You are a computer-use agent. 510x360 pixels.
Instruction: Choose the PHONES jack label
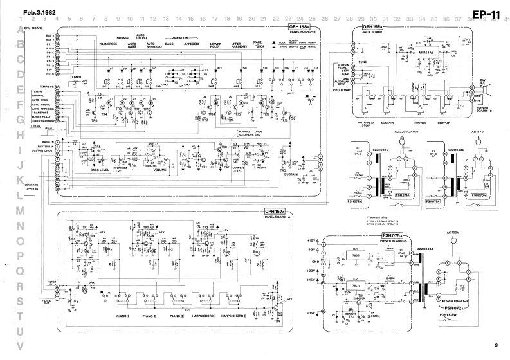[420, 122]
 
